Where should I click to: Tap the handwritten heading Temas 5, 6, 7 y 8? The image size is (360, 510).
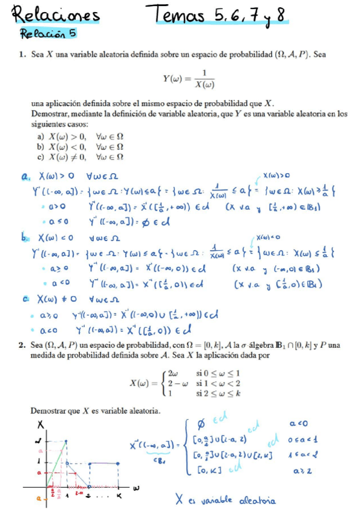tap(219, 14)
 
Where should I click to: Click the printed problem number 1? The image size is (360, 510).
tap(21, 54)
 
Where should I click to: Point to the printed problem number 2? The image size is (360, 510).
tap(21, 345)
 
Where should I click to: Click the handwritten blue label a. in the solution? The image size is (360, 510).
tap(25, 176)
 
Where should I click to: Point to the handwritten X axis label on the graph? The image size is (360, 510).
tap(40, 425)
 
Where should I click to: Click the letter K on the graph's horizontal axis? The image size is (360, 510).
tap(119, 494)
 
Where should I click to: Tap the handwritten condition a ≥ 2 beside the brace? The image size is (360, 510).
tap(298, 473)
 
